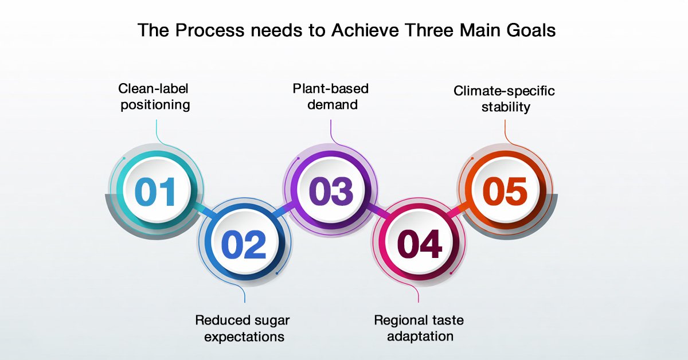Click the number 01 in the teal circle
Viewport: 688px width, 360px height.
click(x=155, y=191)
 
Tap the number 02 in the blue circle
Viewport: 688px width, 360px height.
click(x=244, y=245)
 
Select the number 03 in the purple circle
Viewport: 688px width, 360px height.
click(x=331, y=191)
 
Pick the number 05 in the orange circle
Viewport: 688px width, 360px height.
click(x=505, y=191)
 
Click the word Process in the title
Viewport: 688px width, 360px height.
click(x=210, y=30)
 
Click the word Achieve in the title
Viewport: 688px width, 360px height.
click(x=365, y=30)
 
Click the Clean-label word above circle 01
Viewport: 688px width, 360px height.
click(x=153, y=88)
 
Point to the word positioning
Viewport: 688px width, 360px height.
click(x=155, y=105)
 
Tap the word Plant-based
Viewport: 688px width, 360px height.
click(x=330, y=88)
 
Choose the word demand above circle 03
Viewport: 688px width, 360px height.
click(x=333, y=104)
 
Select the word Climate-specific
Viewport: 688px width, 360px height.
click(x=504, y=91)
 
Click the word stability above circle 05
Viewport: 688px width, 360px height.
click(x=506, y=107)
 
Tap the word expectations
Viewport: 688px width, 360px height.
click(x=244, y=337)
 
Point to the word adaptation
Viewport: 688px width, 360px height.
click(x=420, y=336)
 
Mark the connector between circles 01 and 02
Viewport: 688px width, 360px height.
click(x=204, y=210)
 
